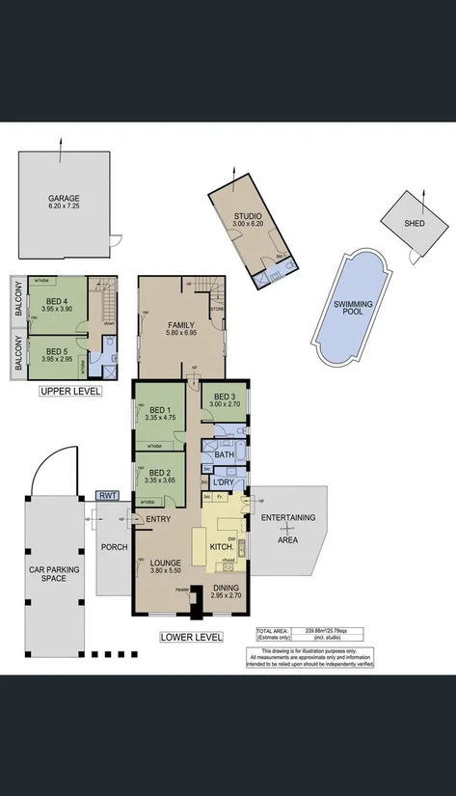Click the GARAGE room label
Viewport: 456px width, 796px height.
pyautogui.click(x=65, y=198)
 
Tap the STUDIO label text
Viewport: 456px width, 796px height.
pyautogui.click(x=248, y=216)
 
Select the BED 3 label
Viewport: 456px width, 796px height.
pyautogui.click(x=225, y=397)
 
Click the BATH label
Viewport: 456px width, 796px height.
pyautogui.click(x=225, y=454)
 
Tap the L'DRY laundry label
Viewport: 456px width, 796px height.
pyautogui.click(x=225, y=481)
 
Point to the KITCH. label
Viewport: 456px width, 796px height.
pyautogui.click(x=222, y=547)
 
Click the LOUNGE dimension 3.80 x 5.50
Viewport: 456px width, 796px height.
pyautogui.click(x=166, y=570)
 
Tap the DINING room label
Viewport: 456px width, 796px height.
pyautogui.click(x=228, y=588)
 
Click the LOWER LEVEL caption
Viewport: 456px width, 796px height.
pyautogui.click(x=191, y=637)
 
